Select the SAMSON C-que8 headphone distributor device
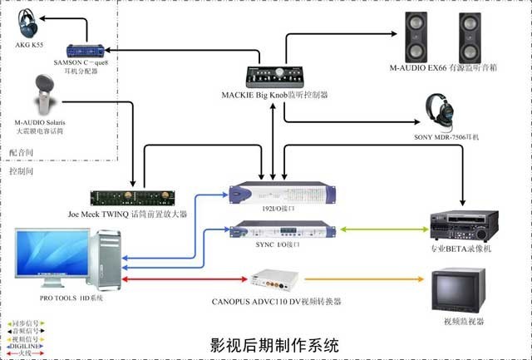(x=89, y=52)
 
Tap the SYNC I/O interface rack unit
(x=285, y=229)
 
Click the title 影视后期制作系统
(x=274, y=343)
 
